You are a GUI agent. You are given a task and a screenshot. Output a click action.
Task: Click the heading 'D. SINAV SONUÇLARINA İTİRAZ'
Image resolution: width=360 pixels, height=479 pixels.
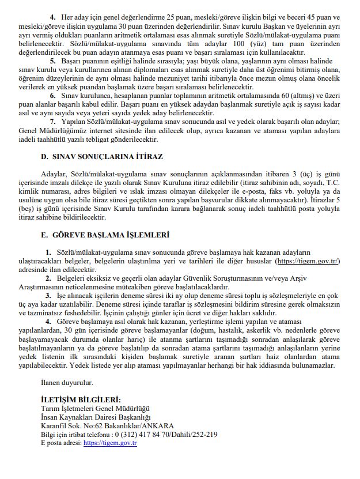[102, 157]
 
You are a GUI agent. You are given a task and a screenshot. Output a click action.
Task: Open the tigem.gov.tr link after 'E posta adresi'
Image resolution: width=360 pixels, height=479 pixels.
[109, 443]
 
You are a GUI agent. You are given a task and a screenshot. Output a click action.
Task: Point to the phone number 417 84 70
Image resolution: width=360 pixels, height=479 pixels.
[152, 435]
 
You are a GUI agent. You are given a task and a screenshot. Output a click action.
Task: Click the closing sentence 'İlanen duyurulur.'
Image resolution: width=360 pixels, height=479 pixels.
[67, 382]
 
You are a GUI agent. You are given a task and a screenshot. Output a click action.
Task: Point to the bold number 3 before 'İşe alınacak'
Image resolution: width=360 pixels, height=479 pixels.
[47, 295]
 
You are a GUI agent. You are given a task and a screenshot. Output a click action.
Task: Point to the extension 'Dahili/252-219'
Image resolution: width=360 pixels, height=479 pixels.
[191, 435]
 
